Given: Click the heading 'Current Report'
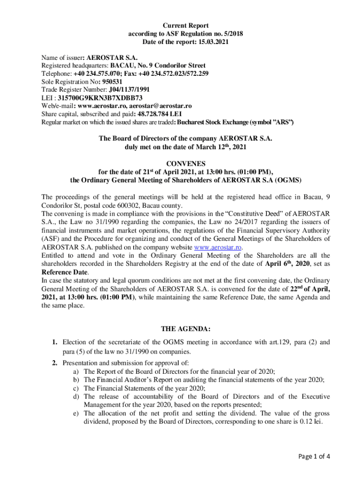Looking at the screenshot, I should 186,25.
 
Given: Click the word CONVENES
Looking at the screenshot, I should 185,163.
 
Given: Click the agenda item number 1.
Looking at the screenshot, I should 55,342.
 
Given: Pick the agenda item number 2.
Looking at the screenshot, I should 55,363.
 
